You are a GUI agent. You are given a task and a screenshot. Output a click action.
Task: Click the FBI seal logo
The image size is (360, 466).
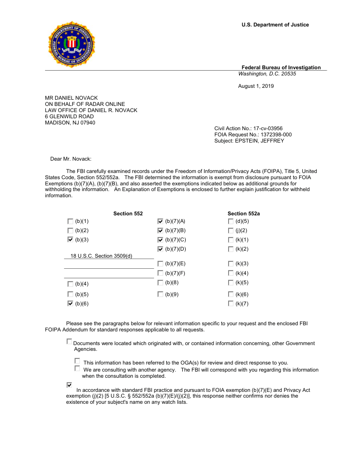[71, 44]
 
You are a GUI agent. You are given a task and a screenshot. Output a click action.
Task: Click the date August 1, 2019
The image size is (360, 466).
[256, 86]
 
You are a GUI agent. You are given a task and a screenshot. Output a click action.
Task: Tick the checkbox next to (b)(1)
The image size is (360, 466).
[71, 221]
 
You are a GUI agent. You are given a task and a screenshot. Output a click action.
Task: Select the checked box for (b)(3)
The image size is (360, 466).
[71, 240]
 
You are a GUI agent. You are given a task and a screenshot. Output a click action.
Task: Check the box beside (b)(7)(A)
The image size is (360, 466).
[161, 221]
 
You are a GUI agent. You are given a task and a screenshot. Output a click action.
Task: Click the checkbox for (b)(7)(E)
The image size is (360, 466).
[161, 263]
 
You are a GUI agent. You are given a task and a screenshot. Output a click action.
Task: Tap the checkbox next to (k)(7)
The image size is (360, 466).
[231, 304]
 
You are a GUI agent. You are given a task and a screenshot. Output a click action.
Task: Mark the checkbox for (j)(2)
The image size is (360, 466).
[231, 230]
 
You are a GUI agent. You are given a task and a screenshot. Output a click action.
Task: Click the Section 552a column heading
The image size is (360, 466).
[244, 214]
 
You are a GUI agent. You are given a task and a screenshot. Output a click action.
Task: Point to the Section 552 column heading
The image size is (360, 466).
[128, 214]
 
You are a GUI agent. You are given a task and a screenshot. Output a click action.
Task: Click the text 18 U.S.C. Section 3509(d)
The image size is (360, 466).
[101, 256]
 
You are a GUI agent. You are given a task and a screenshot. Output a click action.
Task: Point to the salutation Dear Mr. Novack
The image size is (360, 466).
[71, 159]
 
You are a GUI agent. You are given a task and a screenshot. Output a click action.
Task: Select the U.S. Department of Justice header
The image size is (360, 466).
[275, 25]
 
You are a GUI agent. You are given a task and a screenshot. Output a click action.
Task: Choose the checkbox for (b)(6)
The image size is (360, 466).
[71, 304]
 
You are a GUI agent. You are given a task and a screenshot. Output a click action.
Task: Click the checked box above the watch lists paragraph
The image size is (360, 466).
[69, 385]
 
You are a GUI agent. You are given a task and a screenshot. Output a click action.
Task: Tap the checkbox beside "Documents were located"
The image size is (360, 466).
[69, 342]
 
